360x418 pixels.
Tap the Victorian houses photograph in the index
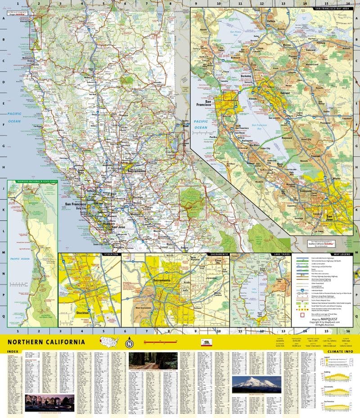(x=49, y=401)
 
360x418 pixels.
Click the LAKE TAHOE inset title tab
(x=279, y=254)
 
